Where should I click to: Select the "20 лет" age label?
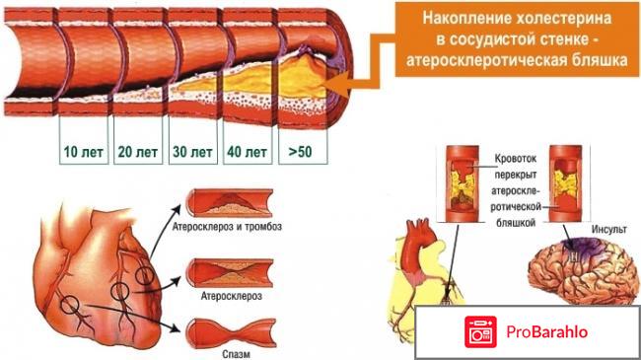tap(136, 154)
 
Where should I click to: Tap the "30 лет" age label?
tap(191, 154)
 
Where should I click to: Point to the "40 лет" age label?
tap(247, 154)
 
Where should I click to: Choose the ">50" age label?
tap(301, 154)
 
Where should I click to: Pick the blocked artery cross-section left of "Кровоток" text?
tap(462, 183)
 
